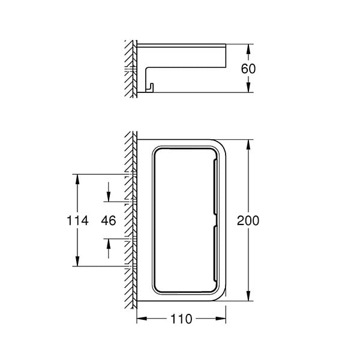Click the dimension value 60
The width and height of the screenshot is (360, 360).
tap(248, 68)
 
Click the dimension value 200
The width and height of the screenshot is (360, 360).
tap(248, 221)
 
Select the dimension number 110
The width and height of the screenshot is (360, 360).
tap(181, 319)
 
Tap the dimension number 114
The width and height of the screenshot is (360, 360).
tap(77, 221)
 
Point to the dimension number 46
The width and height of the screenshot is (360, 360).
tap(109, 221)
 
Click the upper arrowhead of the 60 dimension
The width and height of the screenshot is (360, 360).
tap(248, 49)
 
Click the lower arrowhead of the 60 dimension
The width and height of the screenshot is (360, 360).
tap(248, 88)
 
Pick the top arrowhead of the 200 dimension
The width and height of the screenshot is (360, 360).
tap(248, 145)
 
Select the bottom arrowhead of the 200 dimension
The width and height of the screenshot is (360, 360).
tap(248, 296)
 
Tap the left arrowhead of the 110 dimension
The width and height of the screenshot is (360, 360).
tap(142, 319)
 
